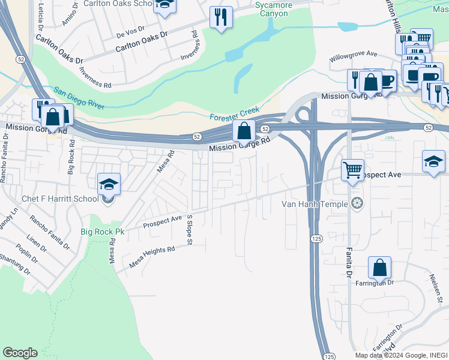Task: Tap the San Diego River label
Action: [x=79, y=98]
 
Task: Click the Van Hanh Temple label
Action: [x=315, y=204]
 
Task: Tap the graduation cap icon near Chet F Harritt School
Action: [x=109, y=184]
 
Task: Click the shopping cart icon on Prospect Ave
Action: [x=352, y=170]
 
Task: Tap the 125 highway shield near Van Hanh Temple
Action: [x=316, y=239]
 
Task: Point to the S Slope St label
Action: [x=188, y=230]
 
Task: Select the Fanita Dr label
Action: [x=348, y=262]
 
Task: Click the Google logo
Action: [x=20, y=353]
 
